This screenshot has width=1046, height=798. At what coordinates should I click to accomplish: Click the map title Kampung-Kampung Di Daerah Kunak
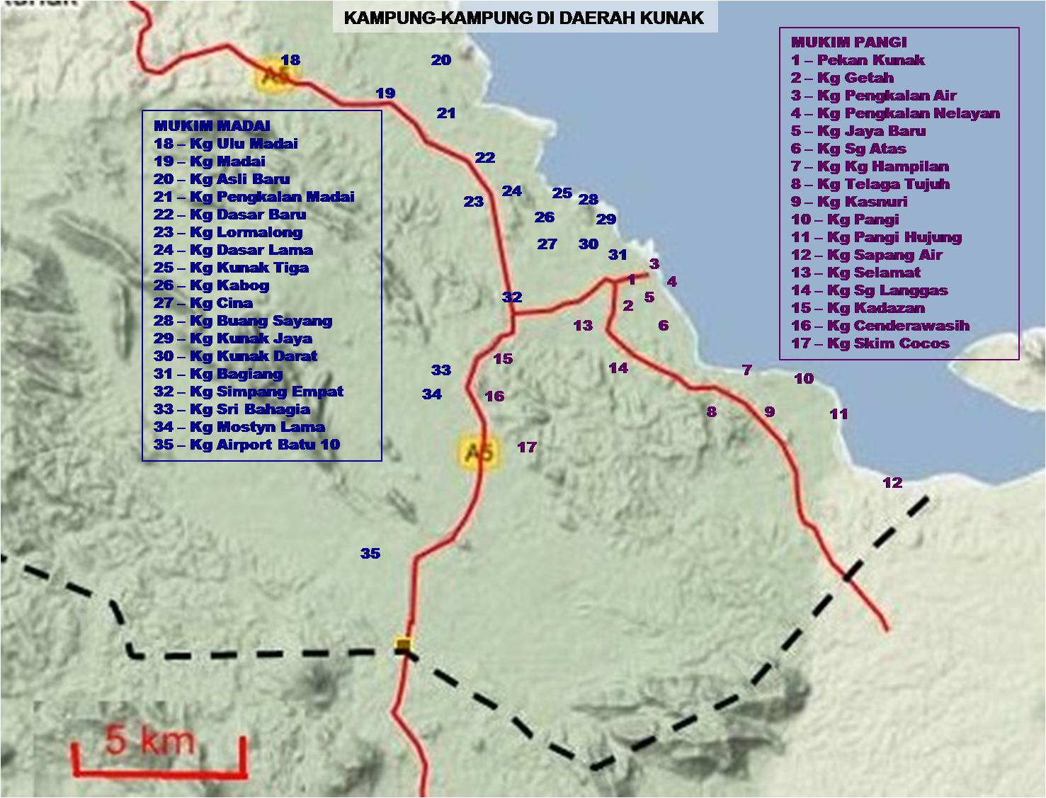pyautogui.click(x=524, y=18)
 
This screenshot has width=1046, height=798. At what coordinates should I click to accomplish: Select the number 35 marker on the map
pyautogui.click(x=370, y=554)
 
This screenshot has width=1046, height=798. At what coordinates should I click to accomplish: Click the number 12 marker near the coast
pyautogui.click(x=892, y=483)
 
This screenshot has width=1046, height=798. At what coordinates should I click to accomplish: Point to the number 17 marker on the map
pyautogui.click(x=527, y=448)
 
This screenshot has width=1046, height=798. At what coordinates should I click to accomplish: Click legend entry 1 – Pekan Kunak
pyautogui.click(x=858, y=60)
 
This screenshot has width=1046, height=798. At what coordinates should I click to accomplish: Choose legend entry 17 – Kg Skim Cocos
pyautogui.click(x=870, y=343)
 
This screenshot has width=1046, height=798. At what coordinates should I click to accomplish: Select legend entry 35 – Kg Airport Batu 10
pyautogui.click(x=246, y=445)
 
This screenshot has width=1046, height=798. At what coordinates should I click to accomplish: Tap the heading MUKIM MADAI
pyautogui.click(x=212, y=126)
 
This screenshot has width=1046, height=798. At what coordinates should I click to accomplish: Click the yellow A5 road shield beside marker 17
pyautogui.click(x=479, y=451)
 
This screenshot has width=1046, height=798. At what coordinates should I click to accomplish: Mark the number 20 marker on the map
pyautogui.click(x=441, y=60)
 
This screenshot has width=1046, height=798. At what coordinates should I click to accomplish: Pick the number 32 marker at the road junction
pyautogui.click(x=512, y=297)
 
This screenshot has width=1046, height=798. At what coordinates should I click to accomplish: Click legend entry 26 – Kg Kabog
pyautogui.click(x=211, y=285)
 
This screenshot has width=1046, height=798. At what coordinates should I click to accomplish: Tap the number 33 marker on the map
pyautogui.click(x=441, y=370)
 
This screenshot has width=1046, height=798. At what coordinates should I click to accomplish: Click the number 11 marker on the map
pyautogui.click(x=838, y=414)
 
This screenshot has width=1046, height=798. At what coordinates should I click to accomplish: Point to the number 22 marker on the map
pyautogui.click(x=485, y=158)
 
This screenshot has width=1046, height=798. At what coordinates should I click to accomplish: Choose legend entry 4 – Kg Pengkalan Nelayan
pyautogui.click(x=895, y=113)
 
